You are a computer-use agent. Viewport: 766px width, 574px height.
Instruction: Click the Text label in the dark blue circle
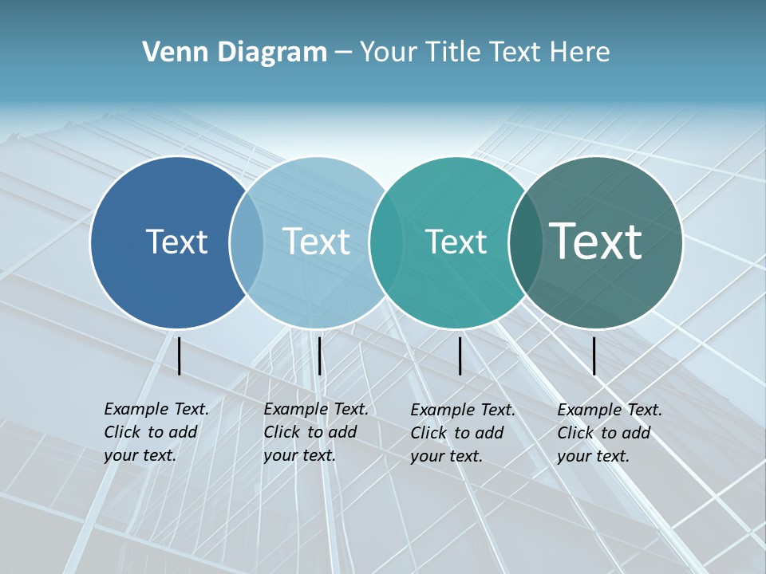[176, 242]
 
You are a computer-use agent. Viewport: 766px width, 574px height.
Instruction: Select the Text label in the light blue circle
[316, 242]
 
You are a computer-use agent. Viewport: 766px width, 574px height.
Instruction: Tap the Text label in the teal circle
[456, 242]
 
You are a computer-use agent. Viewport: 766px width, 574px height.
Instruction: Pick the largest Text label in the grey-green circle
[595, 241]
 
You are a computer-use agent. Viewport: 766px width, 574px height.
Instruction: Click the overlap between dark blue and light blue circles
[247, 242]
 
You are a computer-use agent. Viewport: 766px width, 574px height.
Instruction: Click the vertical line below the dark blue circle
[180, 356]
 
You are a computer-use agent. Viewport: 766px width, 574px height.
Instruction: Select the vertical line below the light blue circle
[319, 356]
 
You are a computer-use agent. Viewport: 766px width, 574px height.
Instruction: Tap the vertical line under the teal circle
[460, 356]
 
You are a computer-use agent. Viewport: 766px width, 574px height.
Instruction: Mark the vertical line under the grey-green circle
[594, 356]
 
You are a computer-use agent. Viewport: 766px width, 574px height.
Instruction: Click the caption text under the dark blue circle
[156, 432]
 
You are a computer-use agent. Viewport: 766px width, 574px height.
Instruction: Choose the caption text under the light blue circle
[315, 432]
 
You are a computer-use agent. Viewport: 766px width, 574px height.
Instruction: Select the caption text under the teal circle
[462, 433]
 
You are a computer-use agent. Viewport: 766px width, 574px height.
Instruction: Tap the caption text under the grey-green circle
[609, 433]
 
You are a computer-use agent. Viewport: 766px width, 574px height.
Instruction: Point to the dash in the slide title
[343, 53]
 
